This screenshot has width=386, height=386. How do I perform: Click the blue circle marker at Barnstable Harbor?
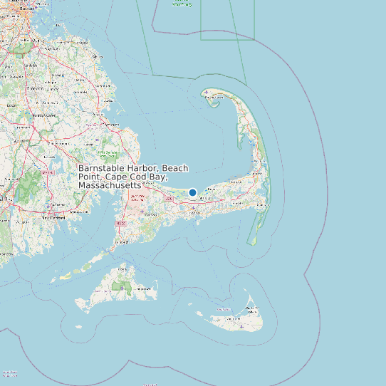tap(192, 192)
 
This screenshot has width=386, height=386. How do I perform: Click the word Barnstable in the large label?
tap(103, 168)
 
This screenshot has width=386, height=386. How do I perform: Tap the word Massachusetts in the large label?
tap(110, 185)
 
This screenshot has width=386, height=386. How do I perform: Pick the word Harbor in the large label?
tap(144, 168)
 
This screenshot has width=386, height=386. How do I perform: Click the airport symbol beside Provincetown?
tap(207, 91)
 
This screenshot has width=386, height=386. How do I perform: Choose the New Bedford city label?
tap(54, 218)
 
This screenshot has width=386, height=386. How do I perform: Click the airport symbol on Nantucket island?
tap(241, 325)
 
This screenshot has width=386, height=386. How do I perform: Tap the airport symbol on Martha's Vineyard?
tap(122, 288)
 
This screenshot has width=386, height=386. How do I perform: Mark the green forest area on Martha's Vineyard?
tap(118, 286)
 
